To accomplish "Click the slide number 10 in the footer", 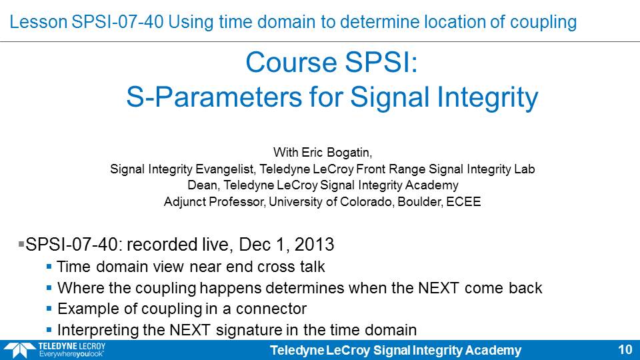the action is click(625, 350).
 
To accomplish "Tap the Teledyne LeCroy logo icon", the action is click(19, 350).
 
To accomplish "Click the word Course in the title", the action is click(291, 62).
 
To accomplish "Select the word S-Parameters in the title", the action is click(214, 97).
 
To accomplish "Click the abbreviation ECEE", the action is click(463, 201).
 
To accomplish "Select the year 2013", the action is click(314, 245).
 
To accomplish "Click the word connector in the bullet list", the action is click(271, 309).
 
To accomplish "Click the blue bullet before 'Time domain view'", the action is click(49, 267).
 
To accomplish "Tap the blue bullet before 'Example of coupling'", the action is click(49, 309).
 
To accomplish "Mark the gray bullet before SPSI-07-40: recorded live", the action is click(21, 244).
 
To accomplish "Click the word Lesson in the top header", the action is click(39, 21).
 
